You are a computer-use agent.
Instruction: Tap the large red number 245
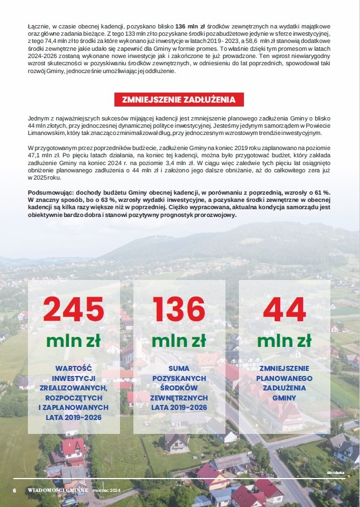tap(74, 309)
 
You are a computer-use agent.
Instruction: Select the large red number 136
tap(179, 309)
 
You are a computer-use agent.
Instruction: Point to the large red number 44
tap(285, 309)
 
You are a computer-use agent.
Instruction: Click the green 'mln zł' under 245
tap(74, 340)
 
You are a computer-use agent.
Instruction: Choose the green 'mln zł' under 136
tap(179, 340)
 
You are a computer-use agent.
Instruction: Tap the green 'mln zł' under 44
tap(285, 340)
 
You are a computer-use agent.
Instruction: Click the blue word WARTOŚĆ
tap(74, 369)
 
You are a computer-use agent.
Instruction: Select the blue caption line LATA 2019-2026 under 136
tap(179, 408)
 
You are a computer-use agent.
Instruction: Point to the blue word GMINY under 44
tap(285, 398)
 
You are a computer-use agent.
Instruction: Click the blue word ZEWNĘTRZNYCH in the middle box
tap(179, 398)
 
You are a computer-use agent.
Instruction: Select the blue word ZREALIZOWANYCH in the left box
tap(74, 388)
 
